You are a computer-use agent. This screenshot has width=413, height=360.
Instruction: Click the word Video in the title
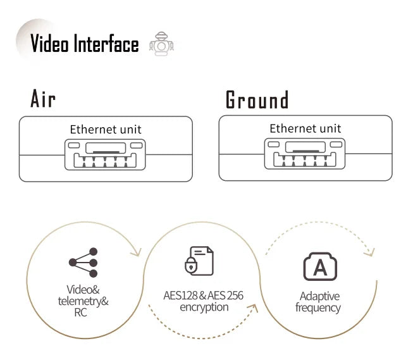tap(51, 44)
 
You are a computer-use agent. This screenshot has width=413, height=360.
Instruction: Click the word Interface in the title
tap(106, 44)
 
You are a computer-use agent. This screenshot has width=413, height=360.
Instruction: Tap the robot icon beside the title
tap(161, 45)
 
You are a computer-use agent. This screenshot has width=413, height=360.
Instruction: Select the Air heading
tap(43, 99)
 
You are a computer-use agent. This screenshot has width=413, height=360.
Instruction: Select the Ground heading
tap(257, 100)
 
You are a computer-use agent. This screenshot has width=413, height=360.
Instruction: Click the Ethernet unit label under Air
tap(106, 130)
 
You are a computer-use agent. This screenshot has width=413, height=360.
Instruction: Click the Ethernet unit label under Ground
tap(305, 128)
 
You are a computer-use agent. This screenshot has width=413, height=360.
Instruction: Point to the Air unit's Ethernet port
tap(106, 155)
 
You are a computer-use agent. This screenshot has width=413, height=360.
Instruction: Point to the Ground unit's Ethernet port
tap(305, 154)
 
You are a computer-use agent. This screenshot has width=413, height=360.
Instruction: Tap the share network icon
tap(84, 263)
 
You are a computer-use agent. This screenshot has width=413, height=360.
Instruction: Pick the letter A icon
tap(320, 267)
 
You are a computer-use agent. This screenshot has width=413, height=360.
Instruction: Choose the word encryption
tap(204, 307)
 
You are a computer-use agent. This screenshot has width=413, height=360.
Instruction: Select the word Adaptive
tap(319, 296)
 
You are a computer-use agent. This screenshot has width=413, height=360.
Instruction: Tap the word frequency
tap(317, 308)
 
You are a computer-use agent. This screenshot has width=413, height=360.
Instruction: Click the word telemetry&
tap(83, 301)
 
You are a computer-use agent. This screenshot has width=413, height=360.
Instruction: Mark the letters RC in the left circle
tap(81, 313)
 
